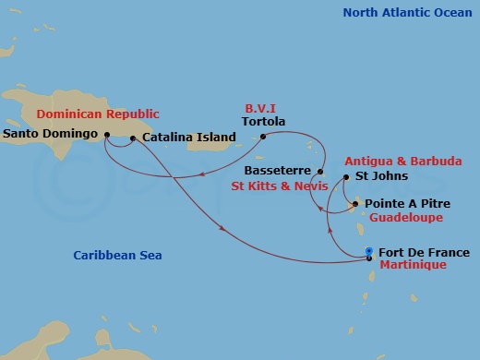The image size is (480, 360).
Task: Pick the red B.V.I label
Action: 261,107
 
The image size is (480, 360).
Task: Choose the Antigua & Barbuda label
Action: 408,160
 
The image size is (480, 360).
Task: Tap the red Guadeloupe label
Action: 408,217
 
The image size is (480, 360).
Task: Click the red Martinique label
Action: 414,265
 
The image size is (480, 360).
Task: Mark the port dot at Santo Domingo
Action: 108,135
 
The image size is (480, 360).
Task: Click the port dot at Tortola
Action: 263,138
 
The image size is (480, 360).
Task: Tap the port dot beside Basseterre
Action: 320,172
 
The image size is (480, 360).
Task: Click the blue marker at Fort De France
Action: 369,251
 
